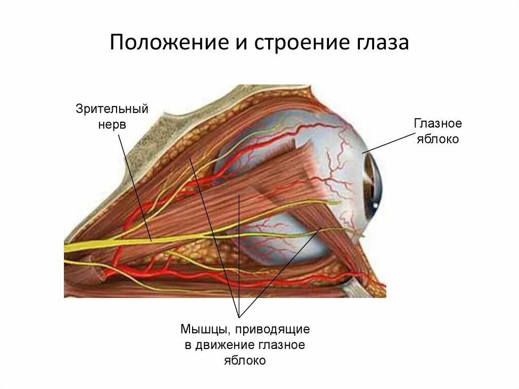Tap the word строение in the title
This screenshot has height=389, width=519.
pos(288,43)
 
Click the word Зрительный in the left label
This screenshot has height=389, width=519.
pos(112,109)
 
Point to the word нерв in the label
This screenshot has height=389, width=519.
pos(112,124)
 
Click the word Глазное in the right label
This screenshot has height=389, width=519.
pos(438,123)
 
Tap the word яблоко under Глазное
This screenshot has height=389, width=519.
pos(438,139)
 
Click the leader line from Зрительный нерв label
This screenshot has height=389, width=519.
pos(135,188)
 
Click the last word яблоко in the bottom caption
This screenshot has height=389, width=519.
pos(245,361)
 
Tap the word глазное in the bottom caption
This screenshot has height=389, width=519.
pos(283,345)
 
